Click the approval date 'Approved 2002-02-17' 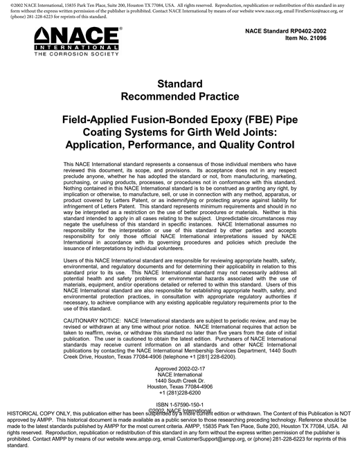(180, 368)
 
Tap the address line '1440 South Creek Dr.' (180, 381)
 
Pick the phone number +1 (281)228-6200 (180, 393)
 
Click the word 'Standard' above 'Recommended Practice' (180, 82)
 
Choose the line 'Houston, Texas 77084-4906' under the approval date (180, 386)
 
